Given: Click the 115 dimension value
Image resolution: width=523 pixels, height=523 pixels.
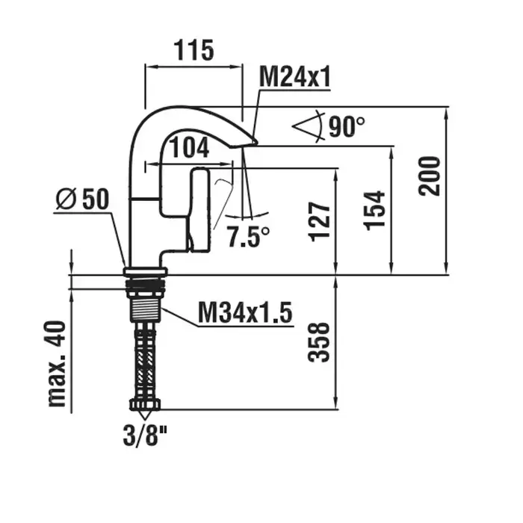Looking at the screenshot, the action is click(x=194, y=50).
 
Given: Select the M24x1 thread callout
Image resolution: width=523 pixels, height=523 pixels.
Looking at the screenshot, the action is click(x=295, y=76).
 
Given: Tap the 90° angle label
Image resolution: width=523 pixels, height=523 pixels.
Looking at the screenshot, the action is click(x=347, y=127).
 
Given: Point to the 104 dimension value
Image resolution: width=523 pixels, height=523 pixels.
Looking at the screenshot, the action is click(x=190, y=147).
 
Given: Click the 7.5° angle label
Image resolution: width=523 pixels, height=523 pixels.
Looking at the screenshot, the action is click(x=248, y=236).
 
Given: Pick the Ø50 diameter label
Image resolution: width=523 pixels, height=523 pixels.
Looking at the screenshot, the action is click(x=82, y=199).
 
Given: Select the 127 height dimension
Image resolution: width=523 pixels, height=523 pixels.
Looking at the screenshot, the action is click(x=320, y=221).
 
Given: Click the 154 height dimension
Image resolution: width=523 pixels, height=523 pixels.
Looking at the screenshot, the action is click(x=374, y=211).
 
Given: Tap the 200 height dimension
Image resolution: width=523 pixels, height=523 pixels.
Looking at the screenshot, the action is click(x=430, y=176).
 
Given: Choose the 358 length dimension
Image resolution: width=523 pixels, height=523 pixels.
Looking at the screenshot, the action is click(x=318, y=342).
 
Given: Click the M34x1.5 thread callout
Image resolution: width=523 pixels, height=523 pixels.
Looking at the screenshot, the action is click(x=245, y=312).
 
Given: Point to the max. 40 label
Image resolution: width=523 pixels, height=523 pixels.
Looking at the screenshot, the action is click(x=57, y=364).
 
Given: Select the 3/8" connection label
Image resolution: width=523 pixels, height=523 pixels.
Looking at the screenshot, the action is click(x=145, y=436).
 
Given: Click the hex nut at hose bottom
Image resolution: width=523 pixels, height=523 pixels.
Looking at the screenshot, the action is click(x=145, y=405).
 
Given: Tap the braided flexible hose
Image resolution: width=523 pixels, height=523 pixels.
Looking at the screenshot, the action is click(x=145, y=361).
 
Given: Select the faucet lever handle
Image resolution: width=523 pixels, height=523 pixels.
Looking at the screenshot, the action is click(x=199, y=209).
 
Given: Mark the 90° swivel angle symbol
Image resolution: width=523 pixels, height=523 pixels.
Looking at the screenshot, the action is click(x=309, y=127).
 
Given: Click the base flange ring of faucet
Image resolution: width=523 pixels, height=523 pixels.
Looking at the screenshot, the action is click(x=145, y=271).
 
